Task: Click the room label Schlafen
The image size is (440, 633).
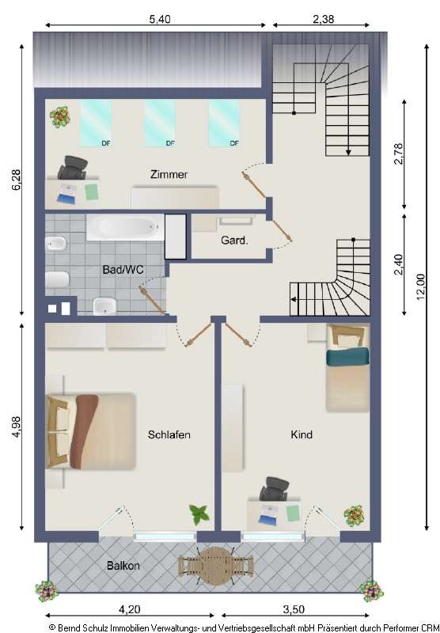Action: (169, 434)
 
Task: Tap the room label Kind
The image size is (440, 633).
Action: (302, 434)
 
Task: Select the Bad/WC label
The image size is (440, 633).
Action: (123, 270)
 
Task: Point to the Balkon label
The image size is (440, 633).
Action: (123, 566)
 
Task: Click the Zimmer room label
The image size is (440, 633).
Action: (169, 174)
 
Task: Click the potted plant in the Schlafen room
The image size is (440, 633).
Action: (199, 515)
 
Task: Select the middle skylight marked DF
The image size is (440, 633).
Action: (160, 123)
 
